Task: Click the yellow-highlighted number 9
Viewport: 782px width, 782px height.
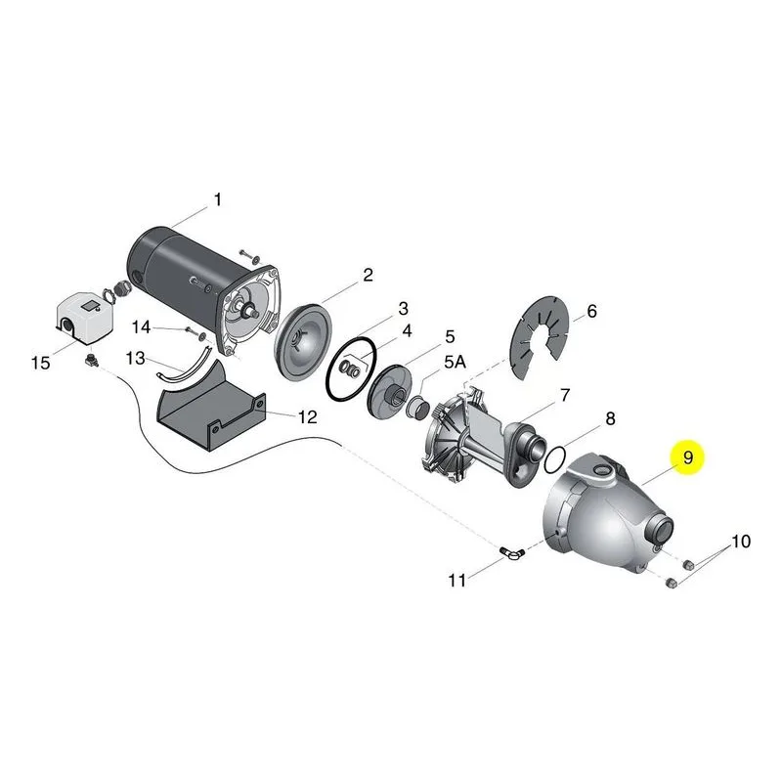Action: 688,457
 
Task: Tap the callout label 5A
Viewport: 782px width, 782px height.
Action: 455,362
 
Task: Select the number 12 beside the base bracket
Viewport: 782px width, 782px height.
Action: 307,417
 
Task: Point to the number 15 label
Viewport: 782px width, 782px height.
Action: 40,363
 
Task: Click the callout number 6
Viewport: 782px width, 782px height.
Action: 591,311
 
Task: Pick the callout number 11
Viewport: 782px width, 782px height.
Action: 456,580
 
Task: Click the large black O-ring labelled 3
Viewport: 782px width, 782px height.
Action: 350,369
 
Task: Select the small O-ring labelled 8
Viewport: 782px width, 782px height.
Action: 554,459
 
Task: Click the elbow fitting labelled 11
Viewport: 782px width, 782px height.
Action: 512,553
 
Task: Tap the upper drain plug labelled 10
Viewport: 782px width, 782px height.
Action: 688,565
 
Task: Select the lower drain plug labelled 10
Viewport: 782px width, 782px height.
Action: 672,583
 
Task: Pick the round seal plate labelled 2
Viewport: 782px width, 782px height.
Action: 304,343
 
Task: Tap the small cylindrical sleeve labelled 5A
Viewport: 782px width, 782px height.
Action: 418,407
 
